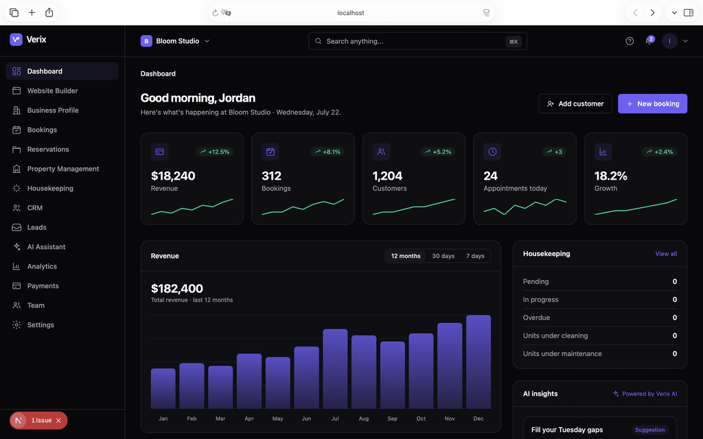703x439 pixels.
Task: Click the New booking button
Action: tap(652, 104)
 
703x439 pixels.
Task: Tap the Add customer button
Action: tap(575, 104)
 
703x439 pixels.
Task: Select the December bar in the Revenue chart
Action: tap(479, 361)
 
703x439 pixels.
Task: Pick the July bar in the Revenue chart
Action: tap(335, 368)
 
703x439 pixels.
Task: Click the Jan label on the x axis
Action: tap(163, 418)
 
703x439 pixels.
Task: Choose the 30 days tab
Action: tap(443, 256)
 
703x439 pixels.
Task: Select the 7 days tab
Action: tap(475, 256)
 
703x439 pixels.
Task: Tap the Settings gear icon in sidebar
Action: tap(16, 324)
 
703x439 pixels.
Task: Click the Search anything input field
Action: tap(417, 41)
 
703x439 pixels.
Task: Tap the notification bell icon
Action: tap(649, 41)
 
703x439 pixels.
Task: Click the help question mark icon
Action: tap(630, 41)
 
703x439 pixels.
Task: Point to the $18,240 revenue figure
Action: tap(173, 176)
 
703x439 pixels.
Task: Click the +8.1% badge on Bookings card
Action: tap(327, 152)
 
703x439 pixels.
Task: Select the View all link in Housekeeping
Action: tap(666, 254)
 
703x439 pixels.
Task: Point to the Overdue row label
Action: tap(536, 318)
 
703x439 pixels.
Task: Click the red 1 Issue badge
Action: tap(38, 420)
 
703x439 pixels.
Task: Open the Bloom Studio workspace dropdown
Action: tap(175, 41)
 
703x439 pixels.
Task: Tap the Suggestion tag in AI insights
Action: tap(649, 429)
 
